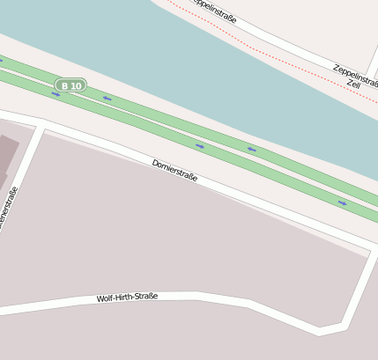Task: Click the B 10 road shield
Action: point(70,85)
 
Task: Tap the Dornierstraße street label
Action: point(174,170)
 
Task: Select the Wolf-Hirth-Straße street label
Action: point(127,298)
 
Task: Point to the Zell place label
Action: point(352,84)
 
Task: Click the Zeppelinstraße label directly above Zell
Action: point(355,75)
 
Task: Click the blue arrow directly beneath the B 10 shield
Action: point(56,94)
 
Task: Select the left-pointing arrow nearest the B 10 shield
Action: point(107,99)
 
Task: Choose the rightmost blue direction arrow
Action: point(342,203)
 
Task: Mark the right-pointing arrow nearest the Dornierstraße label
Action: point(200,145)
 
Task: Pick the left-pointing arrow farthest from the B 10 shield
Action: point(251,150)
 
